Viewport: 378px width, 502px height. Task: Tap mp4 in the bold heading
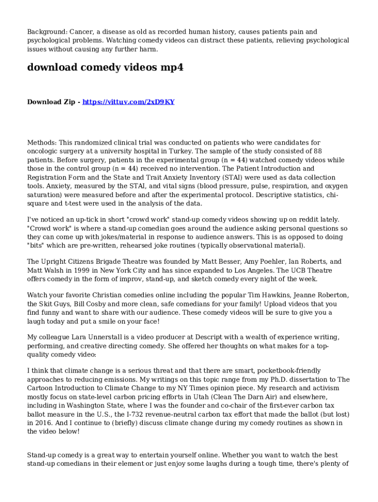coord(172,68)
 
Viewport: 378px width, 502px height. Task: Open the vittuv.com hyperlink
coord(128,102)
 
